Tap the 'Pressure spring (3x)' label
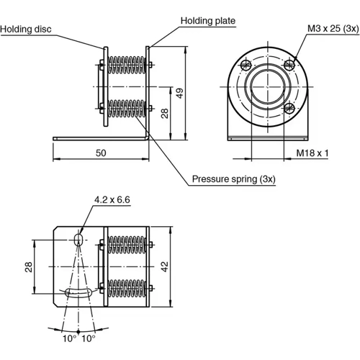(233, 179)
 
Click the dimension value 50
(101, 153)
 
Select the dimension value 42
(166, 266)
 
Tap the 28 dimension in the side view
(165, 113)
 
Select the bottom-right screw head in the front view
(289, 109)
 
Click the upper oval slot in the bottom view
(79, 238)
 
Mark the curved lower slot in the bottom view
(79, 291)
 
